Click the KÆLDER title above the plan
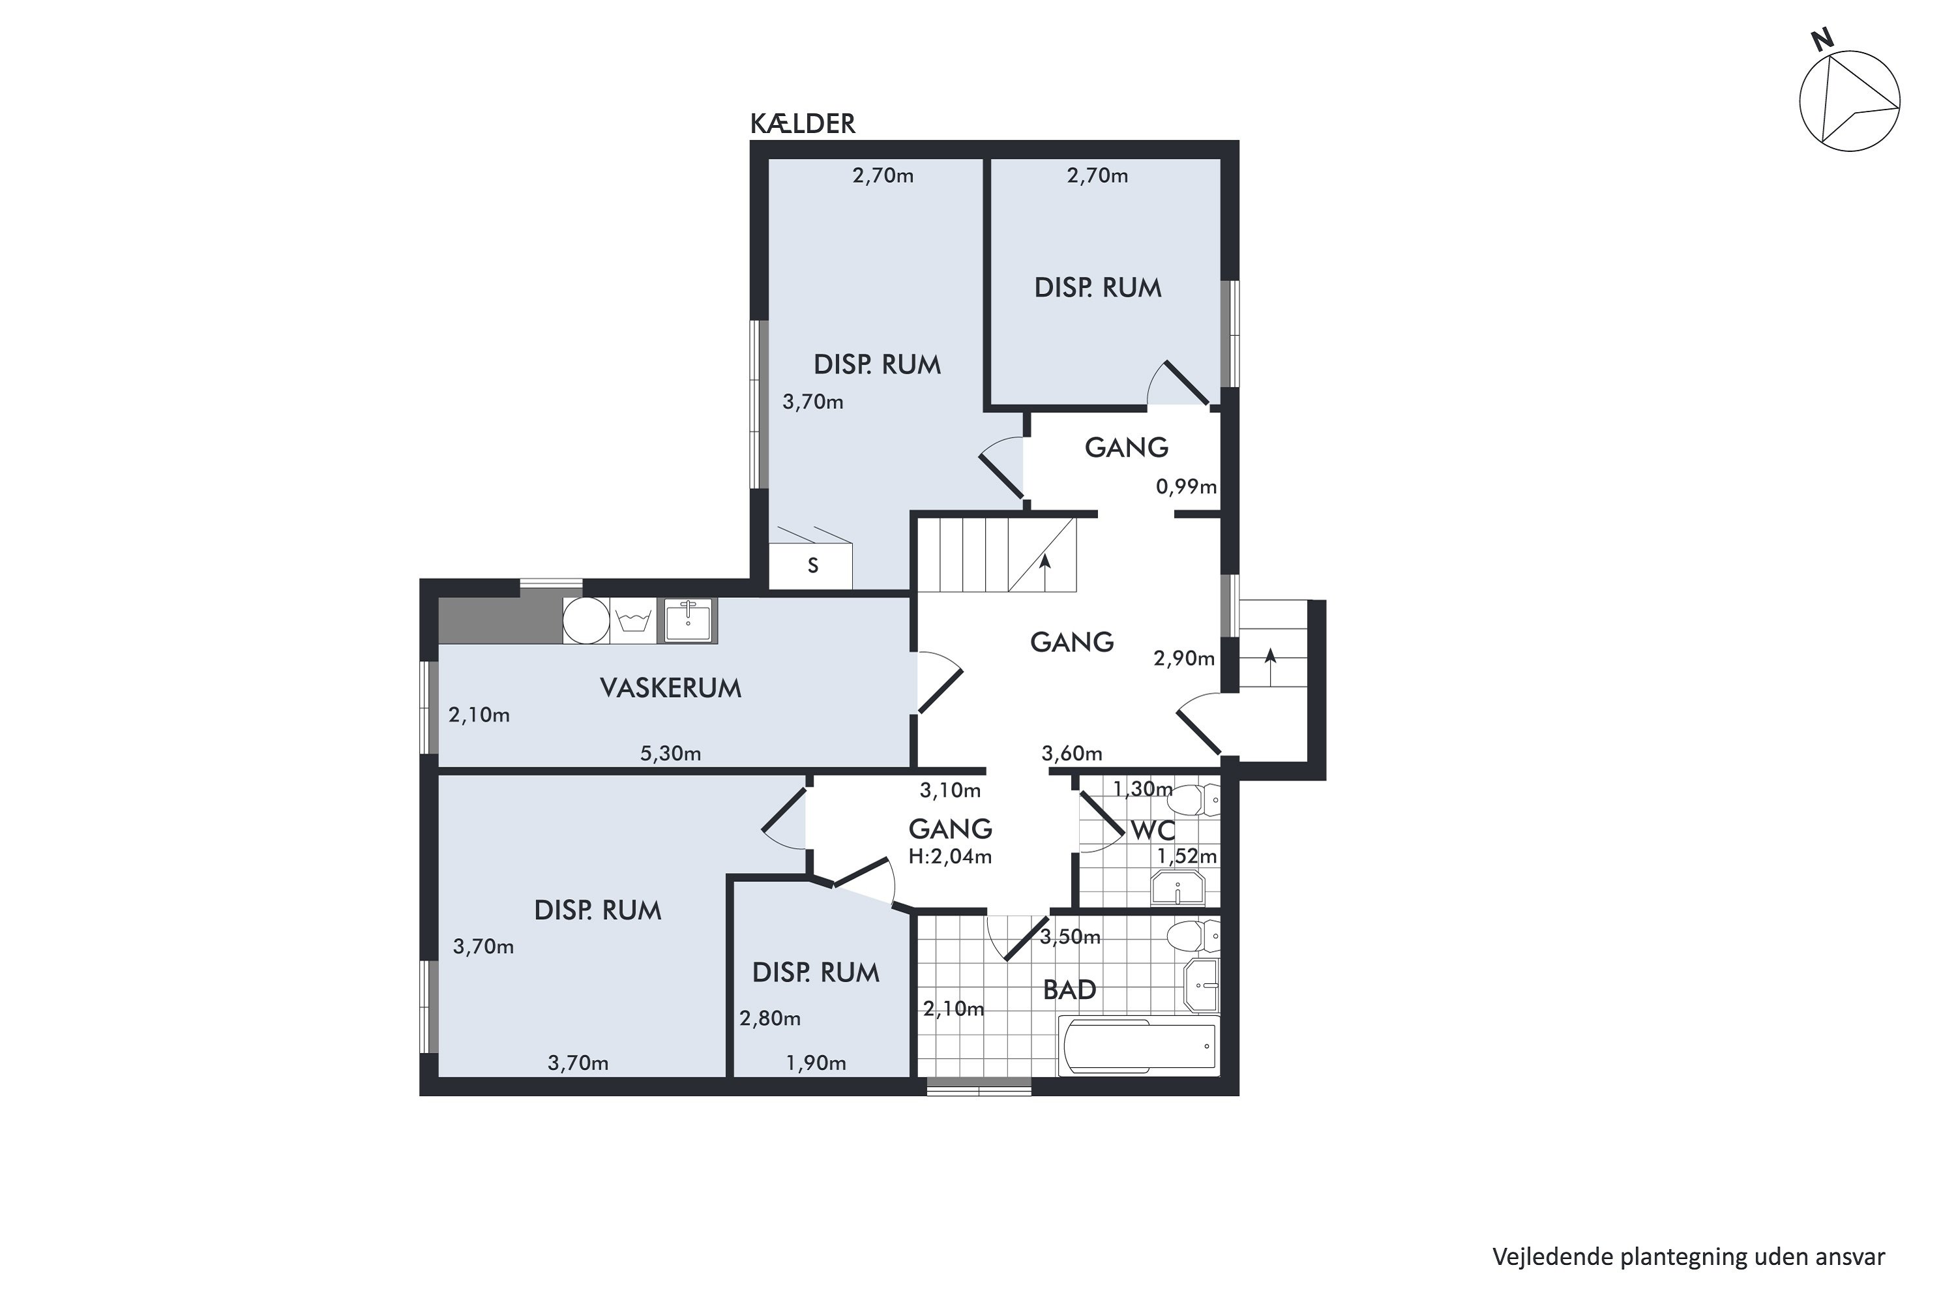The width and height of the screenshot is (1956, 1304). click(803, 124)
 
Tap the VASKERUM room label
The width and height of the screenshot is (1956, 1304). click(670, 688)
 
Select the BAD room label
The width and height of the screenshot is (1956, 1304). click(1069, 990)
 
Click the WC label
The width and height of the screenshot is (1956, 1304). click(1153, 830)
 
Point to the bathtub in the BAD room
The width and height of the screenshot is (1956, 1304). click(1138, 1047)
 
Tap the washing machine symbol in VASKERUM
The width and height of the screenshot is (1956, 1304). click(633, 621)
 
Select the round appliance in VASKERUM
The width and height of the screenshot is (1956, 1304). click(586, 621)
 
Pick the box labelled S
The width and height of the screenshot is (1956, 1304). click(811, 567)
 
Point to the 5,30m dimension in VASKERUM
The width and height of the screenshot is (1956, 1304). click(670, 754)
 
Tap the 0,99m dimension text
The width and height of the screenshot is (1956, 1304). click(1186, 486)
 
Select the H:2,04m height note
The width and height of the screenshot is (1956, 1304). click(950, 855)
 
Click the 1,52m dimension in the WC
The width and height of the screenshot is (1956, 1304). click(1187, 855)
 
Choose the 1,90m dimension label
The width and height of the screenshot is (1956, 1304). click(816, 1063)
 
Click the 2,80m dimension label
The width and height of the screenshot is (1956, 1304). click(770, 1018)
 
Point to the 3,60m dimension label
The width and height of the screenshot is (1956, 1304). click(1072, 754)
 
